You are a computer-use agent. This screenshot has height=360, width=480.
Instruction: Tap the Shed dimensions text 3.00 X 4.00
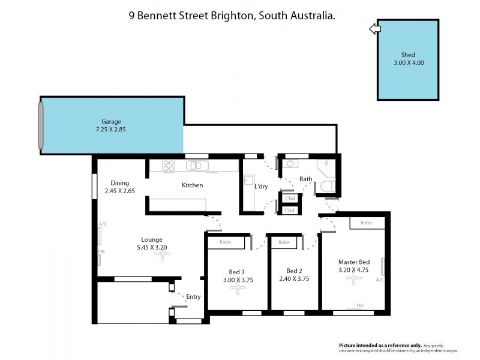pyautogui.click(x=408, y=62)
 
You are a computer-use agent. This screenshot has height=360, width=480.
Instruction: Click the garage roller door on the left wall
pyautogui.click(x=41, y=125)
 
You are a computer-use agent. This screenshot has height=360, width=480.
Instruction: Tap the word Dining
pyautogui.click(x=119, y=183)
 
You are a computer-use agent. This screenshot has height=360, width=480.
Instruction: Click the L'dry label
pyautogui.click(x=262, y=187)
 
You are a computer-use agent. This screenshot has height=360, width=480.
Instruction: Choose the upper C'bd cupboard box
pyautogui.click(x=290, y=199)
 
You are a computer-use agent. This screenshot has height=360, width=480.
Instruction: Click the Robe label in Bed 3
pyautogui.click(x=226, y=243)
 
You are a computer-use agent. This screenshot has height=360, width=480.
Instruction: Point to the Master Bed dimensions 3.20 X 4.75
pyautogui.click(x=354, y=271)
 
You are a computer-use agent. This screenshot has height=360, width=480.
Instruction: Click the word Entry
pyautogui.click(x=193, y=296)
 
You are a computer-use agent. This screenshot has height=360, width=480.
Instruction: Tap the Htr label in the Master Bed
pyautogui.click(x=360, y=305)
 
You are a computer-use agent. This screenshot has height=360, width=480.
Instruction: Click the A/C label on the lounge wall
pyautogui.click(x=103, y=225)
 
